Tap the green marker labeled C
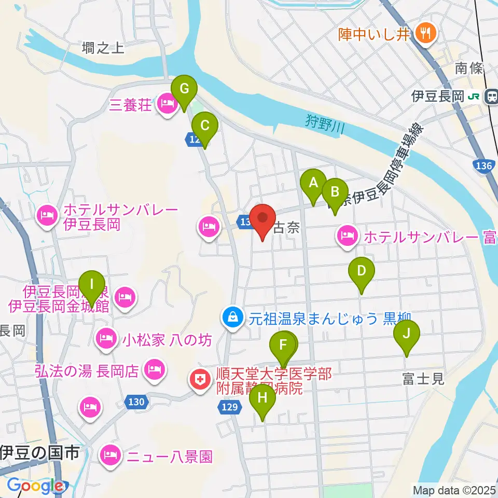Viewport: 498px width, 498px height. coord(204,126)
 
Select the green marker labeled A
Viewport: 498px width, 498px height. coord(313,183)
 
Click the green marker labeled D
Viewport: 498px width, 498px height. coord(362,271)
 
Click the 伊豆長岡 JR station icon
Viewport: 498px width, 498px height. coord(490,96)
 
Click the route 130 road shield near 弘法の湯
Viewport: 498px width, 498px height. coord(136,401)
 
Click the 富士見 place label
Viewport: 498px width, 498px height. coord(423,379)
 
